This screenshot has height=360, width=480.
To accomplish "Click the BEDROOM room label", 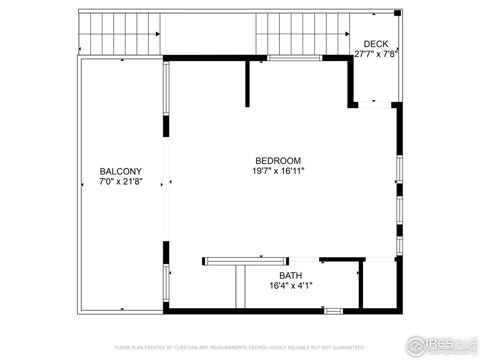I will point(278,161).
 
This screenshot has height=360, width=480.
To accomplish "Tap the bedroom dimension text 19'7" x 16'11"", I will point(278,171).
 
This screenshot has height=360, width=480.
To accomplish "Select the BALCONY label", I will point(121,171).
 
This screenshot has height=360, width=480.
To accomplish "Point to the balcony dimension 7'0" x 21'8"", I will point(121,181).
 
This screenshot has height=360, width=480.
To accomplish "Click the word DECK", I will point(376,44).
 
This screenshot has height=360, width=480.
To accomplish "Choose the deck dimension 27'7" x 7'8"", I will point(376,54).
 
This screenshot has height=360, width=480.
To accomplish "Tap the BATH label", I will point(291,276).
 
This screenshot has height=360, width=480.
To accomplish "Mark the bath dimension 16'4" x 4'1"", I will point(291,285).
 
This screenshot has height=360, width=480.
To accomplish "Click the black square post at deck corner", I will point(397,13).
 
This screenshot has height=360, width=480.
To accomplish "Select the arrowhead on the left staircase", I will point(158,34).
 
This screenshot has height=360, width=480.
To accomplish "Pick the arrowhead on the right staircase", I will point(347,34).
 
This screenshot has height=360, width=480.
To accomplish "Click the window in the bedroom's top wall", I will point(295,58).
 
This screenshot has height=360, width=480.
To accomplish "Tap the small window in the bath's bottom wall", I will point(333,311).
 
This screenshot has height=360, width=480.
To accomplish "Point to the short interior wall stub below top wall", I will point(247,83).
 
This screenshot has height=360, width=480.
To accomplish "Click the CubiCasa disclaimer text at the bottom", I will point(240,348).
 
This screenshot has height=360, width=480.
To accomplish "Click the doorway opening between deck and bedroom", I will point(375,105).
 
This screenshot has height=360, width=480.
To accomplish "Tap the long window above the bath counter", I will point(245,261).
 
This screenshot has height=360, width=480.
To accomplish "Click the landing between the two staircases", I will point(208,34).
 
